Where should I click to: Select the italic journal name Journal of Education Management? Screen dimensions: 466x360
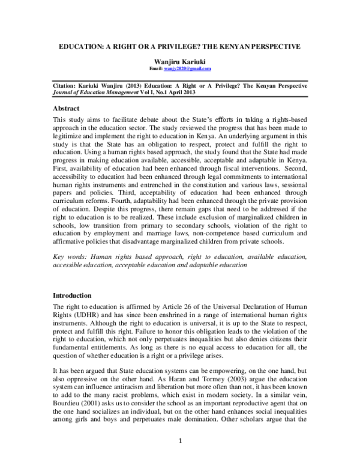[x=96, y=93]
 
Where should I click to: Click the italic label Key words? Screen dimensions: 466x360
[x=69, y=256]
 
